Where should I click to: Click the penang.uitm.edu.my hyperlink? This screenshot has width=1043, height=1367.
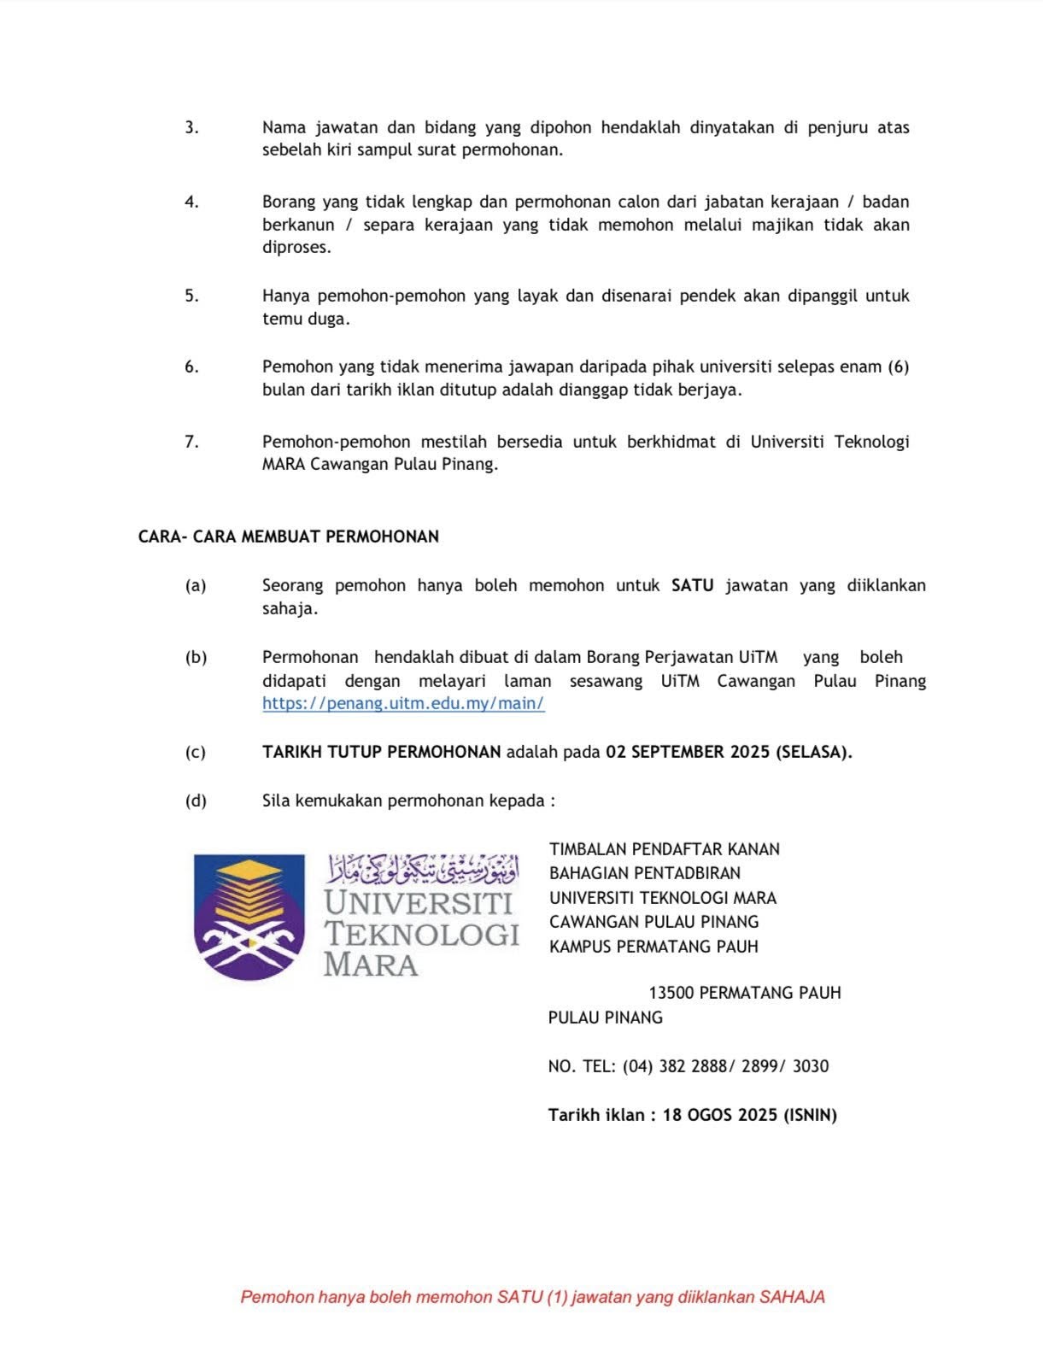click(403, 704)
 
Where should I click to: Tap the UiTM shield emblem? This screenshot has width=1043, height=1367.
click(249, 916)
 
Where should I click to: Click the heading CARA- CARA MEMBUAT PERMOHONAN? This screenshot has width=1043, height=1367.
click(289, 537)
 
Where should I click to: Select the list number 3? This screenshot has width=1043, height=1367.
click(191, 127)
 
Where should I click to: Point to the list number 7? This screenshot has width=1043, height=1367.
click(191, 442)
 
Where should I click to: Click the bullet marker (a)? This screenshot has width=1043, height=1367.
click(196, 585)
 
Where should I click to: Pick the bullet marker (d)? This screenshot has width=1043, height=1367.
click(196, 801)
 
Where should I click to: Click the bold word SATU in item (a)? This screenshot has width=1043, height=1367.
click(692, 585)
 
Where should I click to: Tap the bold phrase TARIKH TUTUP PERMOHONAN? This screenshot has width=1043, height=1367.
click(381, 752)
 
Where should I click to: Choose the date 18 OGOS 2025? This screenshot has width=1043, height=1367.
click(720, 1115)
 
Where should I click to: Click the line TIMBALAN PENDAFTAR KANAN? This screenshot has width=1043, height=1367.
click(664, 849)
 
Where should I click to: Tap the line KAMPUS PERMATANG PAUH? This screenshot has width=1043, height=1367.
click(653, 947)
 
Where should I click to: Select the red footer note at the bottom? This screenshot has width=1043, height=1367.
click(532, 1297)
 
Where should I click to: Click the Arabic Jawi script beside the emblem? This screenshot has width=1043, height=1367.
click(423, 870)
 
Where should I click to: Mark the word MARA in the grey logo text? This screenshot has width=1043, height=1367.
click(371, 965)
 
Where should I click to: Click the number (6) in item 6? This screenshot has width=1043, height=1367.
click(898, 367)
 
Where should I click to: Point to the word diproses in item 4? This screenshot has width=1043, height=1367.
click(296, 248)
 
